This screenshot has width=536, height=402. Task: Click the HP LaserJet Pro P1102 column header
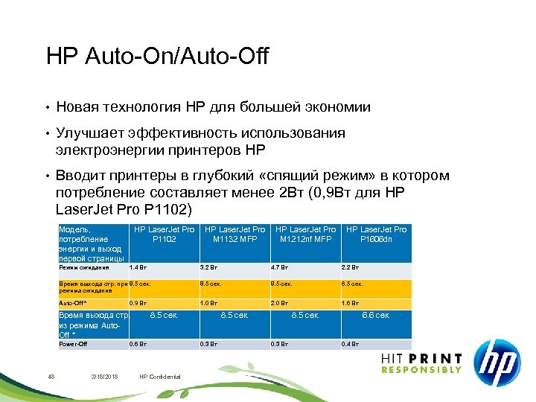(164, 234)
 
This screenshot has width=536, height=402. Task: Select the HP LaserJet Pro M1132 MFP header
(234, 234)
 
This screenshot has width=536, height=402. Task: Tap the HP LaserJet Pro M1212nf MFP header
(305, 234)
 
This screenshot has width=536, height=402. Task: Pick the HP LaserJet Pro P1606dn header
(376, 234)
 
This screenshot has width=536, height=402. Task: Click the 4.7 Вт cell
(278, 267)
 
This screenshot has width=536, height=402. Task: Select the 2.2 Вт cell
(350, 267)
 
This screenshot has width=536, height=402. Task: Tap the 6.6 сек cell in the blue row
(375, 315)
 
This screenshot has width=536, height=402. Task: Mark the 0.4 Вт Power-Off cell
(350, 344)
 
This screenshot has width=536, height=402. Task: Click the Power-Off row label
(73, 344)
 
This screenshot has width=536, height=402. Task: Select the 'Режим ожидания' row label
(83, 267)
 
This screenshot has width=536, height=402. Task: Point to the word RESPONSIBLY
(421, 370)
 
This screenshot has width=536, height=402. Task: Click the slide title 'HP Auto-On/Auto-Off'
(157, 56)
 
